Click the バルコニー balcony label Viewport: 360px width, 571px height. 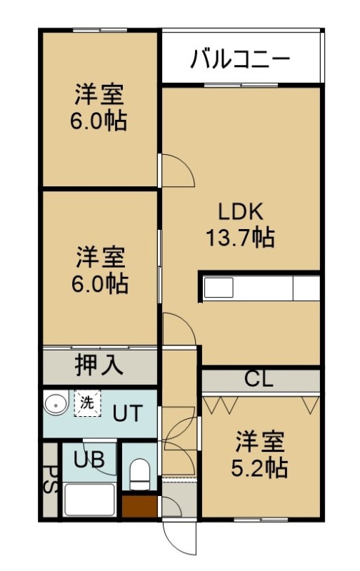[x=240, y=59]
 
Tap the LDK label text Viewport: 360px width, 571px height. [x=240, y=211]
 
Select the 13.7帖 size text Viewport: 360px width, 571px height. [x=240, y=237]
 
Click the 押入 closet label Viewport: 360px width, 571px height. [x=99, y=365]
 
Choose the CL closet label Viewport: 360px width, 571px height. [x=259, y=379]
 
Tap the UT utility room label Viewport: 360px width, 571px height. [x=127, y=414]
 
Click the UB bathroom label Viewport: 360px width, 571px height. [x=89, y=460]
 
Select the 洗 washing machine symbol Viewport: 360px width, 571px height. [x=87, y=403]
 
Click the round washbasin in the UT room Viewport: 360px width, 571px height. [x=56, y=404]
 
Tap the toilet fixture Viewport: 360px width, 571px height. [x=139, y=474]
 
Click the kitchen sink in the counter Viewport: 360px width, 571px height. [x=219, y=288]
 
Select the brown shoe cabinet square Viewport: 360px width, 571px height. [x=139, y=506]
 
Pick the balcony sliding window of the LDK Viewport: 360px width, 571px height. [x=241, y=85]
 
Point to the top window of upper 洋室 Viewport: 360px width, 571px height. [x=99, y=31]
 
